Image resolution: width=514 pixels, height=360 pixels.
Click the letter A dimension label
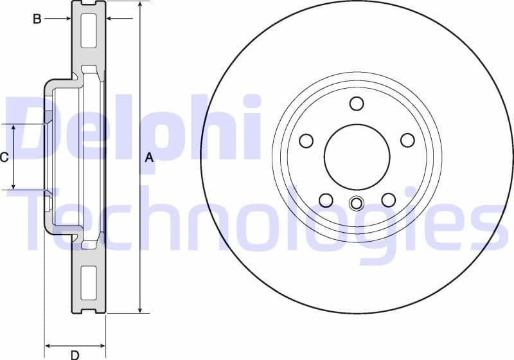click(x=149, y=157)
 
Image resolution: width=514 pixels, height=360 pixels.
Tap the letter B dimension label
click(x=37, y=19)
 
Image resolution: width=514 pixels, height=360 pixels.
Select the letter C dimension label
click(x=4, y=157)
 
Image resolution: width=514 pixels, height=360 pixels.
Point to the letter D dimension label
click(x=75, y=354)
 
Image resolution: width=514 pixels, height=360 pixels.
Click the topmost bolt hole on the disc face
click(x=357, y=104)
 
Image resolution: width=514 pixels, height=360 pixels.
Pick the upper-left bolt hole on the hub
click(x=306, y=140)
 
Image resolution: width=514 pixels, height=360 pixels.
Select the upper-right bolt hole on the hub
click(x=407, y=140)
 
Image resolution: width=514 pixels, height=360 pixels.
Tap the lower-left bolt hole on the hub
click(x=326, y=199)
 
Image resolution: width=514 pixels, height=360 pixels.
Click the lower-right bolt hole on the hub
click(x=388, y=199)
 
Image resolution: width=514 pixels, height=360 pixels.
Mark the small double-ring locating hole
click(x=357, y=204)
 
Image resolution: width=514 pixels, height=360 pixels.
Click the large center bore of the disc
click(x=357, y=157)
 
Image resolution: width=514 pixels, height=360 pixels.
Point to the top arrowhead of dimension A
click(x=139, y=5)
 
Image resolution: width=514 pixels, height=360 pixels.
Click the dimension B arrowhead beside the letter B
click(x=67, y=19)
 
